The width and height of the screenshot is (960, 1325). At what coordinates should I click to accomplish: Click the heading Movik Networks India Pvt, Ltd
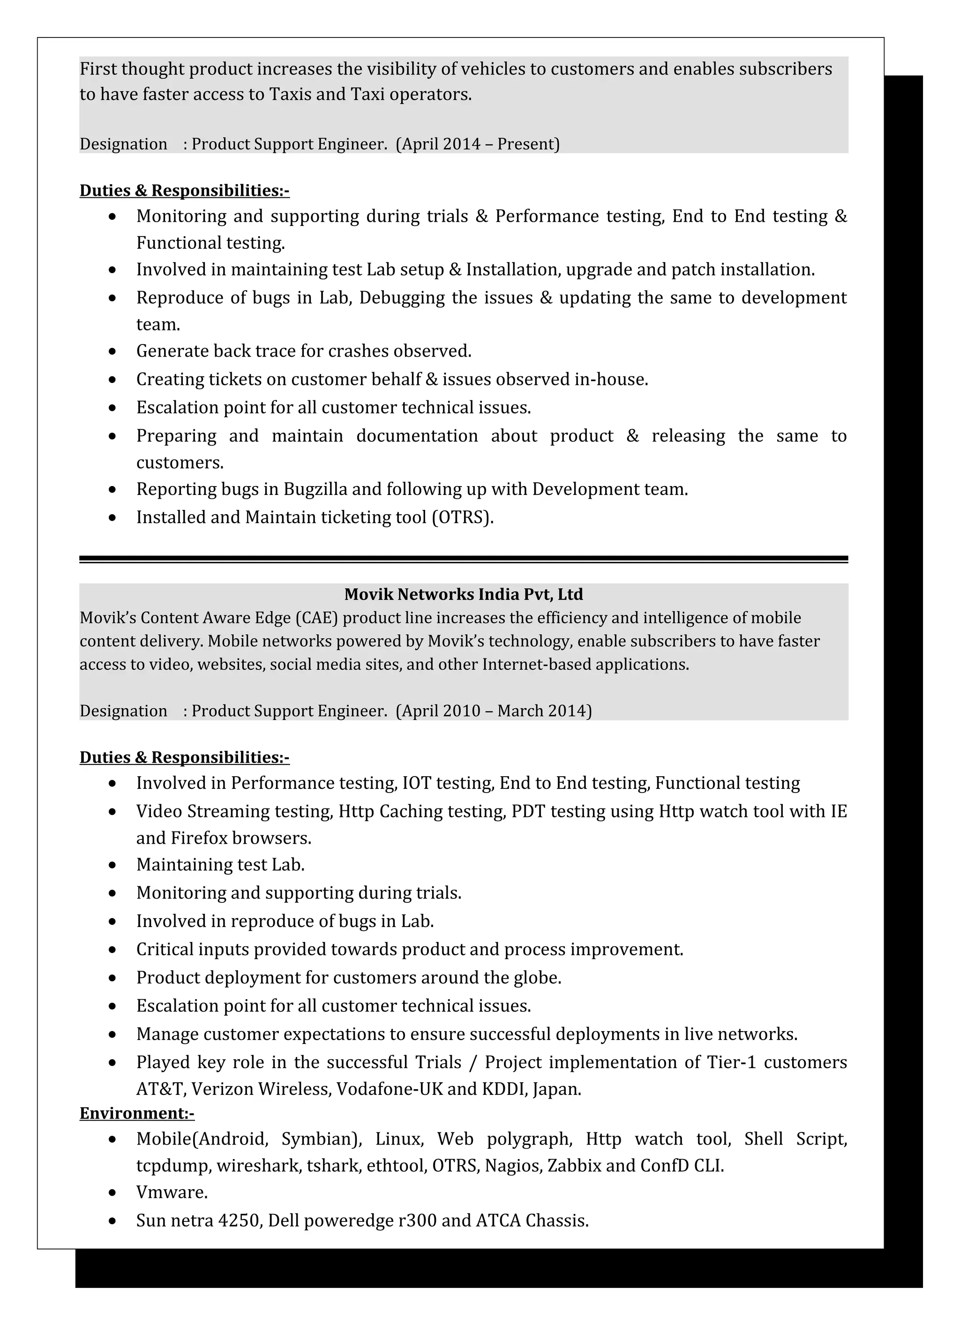(x=463, y=594)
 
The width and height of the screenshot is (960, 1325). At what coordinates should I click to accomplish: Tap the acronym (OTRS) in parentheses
(x=462, y=517)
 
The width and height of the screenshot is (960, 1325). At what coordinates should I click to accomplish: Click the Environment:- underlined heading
(x=137, y=1113)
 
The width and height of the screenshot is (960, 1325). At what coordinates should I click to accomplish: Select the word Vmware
(x=171, y=1192)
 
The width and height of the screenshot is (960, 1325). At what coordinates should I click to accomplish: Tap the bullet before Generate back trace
(x=113, y=352)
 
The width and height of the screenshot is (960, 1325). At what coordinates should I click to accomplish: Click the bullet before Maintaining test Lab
(x=113, y=865)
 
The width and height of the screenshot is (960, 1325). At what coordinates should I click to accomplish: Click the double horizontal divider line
(x=463, y=559)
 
